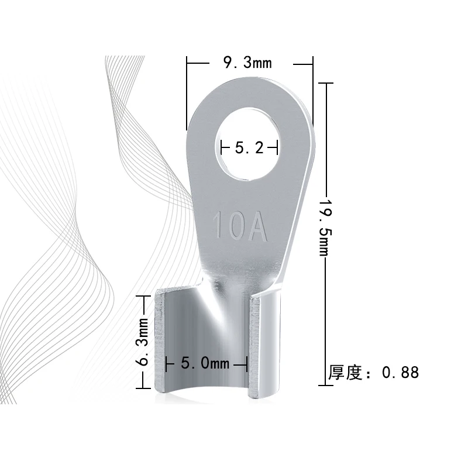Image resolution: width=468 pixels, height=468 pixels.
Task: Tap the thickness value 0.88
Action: (x=400, y=373)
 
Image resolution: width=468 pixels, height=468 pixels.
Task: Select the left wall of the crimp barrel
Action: (x=161, y=342)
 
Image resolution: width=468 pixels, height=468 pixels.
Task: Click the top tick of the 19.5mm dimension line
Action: (x=325, y=84)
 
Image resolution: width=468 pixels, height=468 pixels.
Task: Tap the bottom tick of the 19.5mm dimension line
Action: (x=325, y=385)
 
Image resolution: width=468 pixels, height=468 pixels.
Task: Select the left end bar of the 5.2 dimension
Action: (x=221, y=148)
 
